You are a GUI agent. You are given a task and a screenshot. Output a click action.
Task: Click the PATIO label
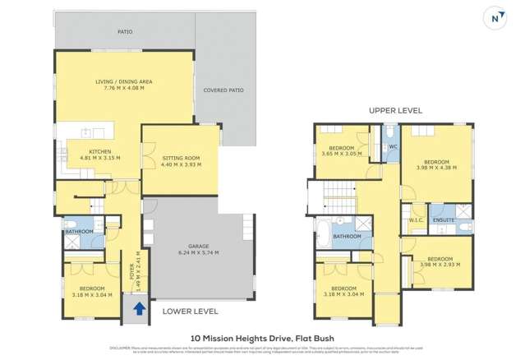point(125,32)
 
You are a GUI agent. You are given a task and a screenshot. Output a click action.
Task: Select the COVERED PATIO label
point(224,90)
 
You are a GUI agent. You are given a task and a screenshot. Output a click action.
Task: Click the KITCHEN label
point(99,151)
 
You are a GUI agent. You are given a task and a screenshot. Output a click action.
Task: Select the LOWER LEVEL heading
point(190,312)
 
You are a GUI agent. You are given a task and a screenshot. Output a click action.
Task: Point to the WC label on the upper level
point(393,147)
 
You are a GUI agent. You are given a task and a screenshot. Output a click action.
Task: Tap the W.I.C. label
point(416,220)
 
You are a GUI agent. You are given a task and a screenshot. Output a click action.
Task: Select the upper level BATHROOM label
point(348,236)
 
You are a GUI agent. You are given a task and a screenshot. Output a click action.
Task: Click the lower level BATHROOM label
point(80,231)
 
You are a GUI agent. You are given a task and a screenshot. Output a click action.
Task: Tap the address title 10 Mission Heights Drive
point(262,337)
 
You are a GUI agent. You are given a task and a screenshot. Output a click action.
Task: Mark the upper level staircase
point(338,196)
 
